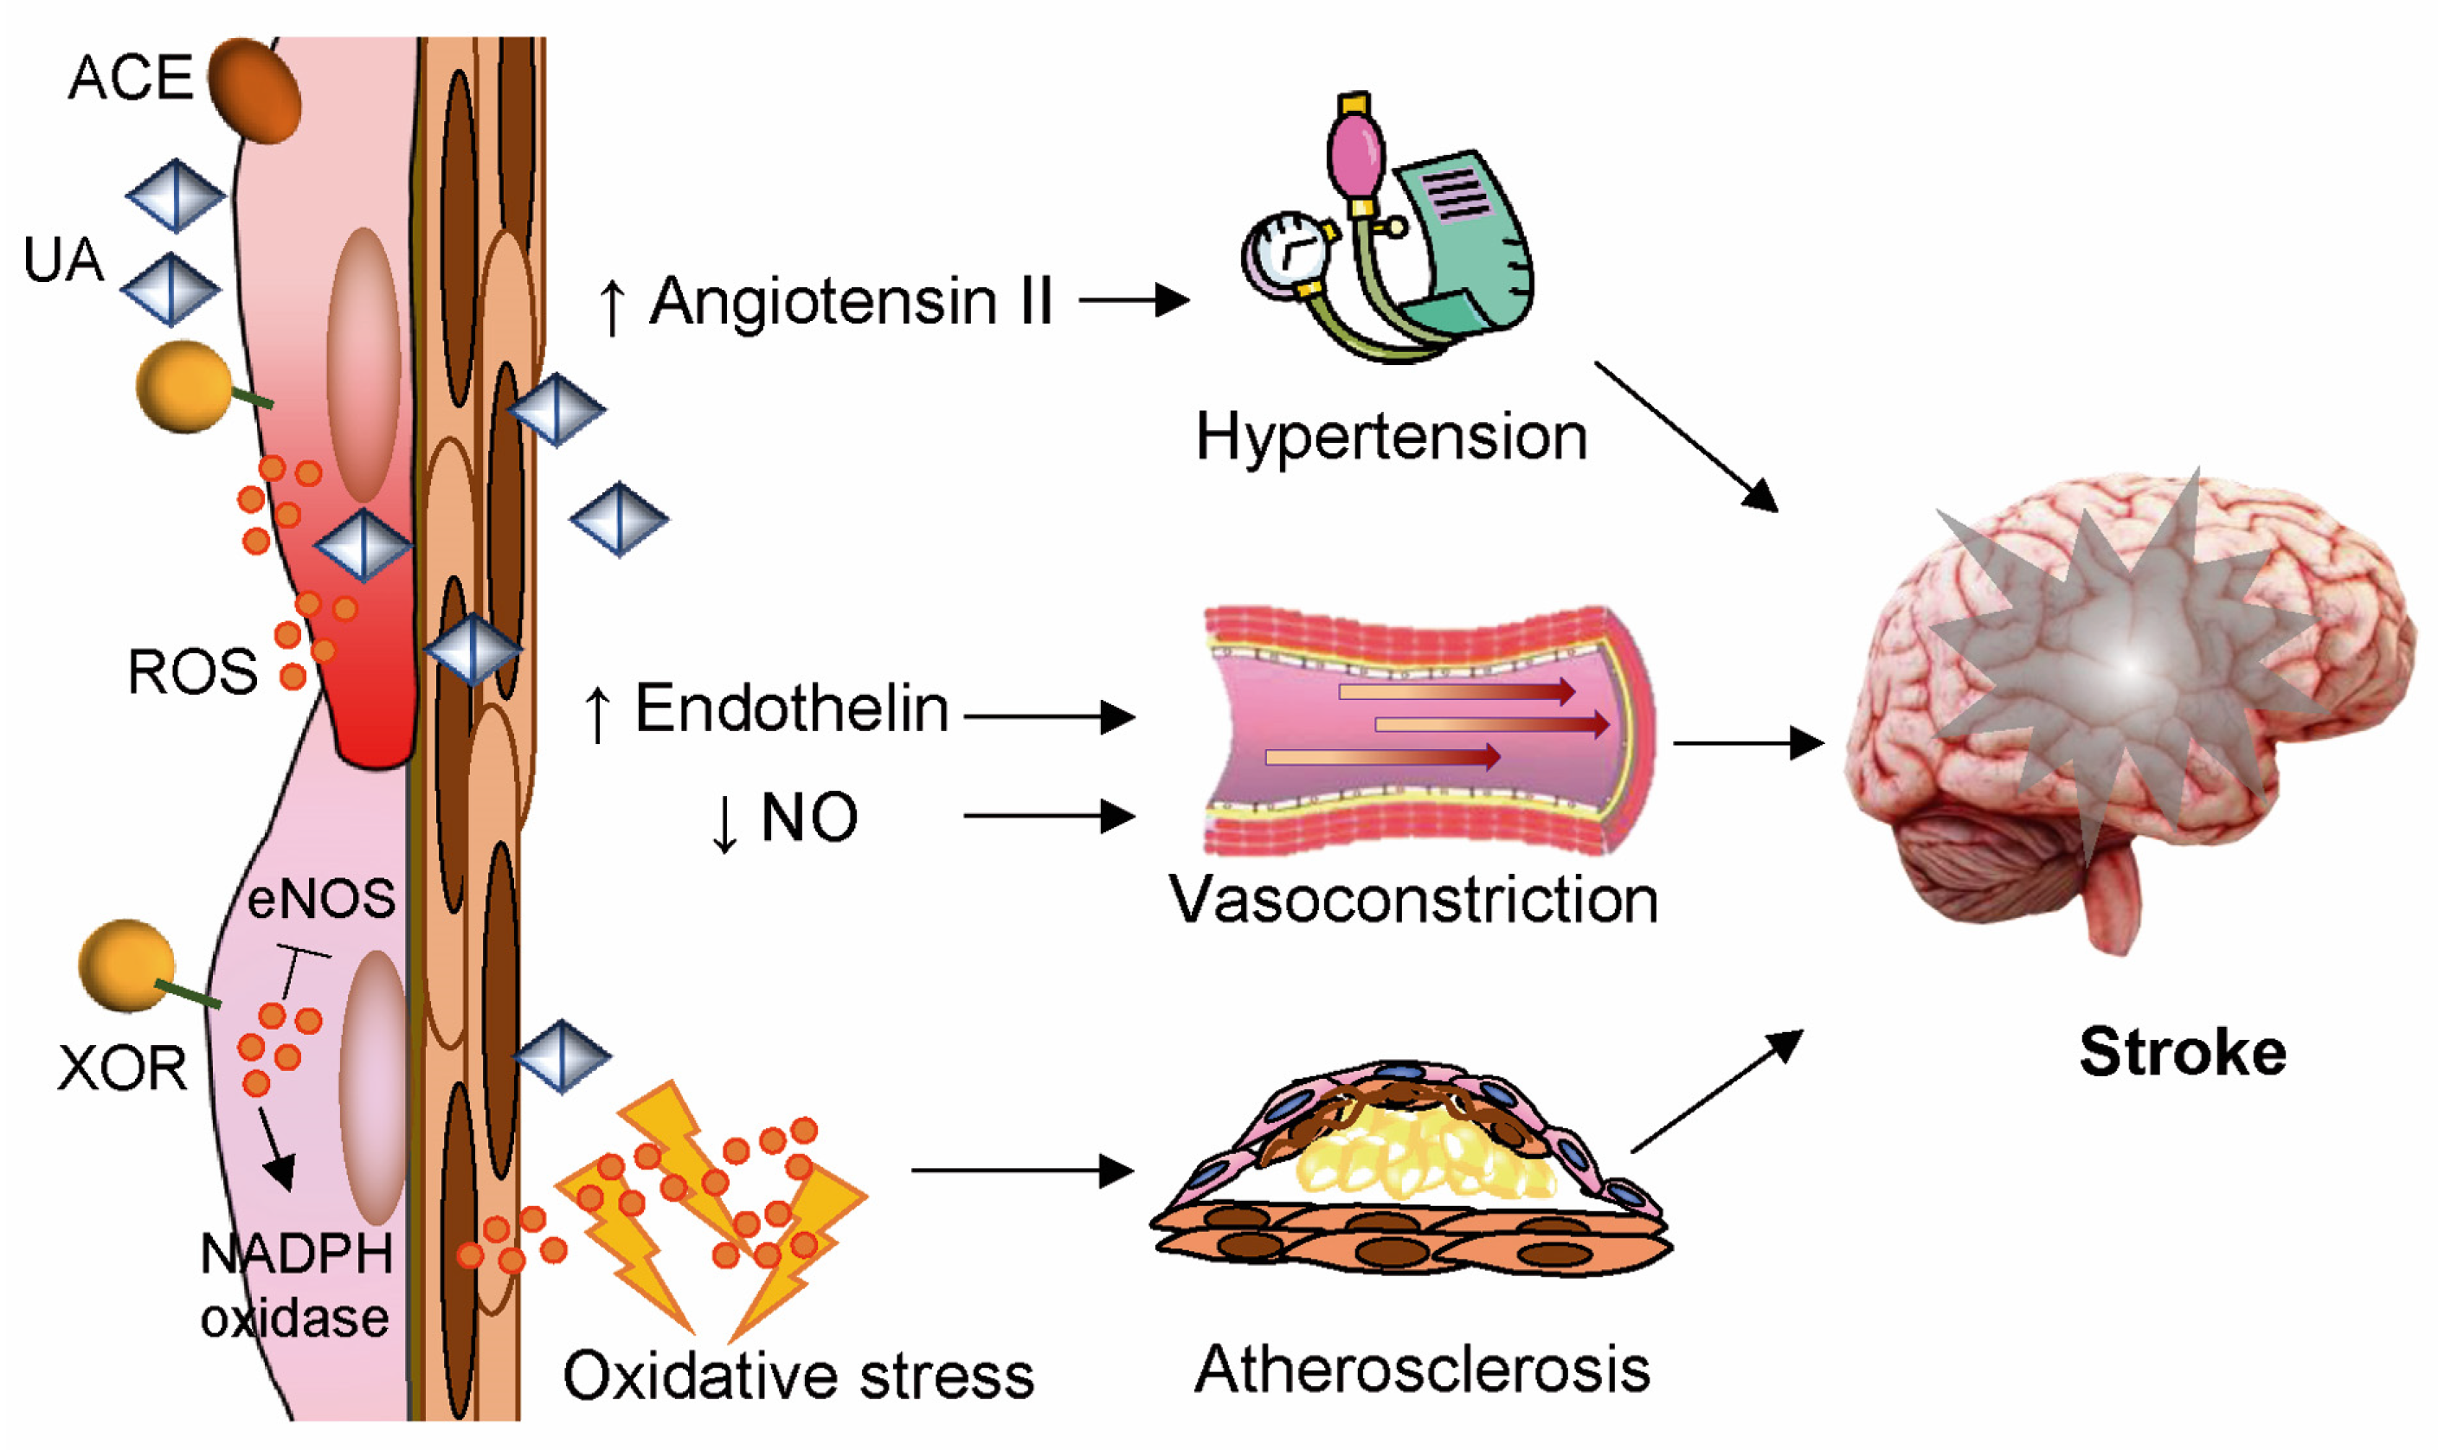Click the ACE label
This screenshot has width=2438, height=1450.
coord(130,78)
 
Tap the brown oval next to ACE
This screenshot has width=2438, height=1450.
coord(254,91)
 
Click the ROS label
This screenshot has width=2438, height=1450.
coord(192,672)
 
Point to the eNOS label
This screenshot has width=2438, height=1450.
coord(321,898)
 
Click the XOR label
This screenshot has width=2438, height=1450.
coord(122,1069)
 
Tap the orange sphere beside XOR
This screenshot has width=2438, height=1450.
coord(126,966)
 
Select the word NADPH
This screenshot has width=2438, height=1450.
coord(296,1254)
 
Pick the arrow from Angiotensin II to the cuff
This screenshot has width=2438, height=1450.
coord(1134,300)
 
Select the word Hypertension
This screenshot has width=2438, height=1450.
coord(1391,437)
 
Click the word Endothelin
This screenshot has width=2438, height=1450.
coord(792,709)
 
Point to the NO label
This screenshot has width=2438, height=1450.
coord(809,817)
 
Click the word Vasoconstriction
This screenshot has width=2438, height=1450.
coord(1413,899)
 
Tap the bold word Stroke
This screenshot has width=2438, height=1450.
coord(2182,1052)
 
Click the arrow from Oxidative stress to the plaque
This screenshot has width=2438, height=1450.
coord(1021,1170)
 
